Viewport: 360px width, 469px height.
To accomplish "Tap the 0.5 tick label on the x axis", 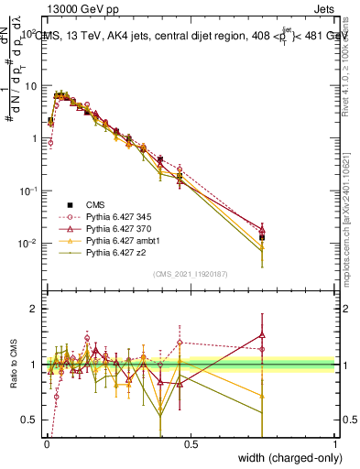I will (x=191, y=443).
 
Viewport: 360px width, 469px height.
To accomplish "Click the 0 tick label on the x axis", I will (x=46, y=443).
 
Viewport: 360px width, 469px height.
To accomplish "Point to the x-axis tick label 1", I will (x=335, y=443).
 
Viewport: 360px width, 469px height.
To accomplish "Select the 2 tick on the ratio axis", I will (x=35, y=309).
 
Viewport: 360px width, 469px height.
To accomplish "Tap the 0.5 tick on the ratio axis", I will (x=31, y=420).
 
